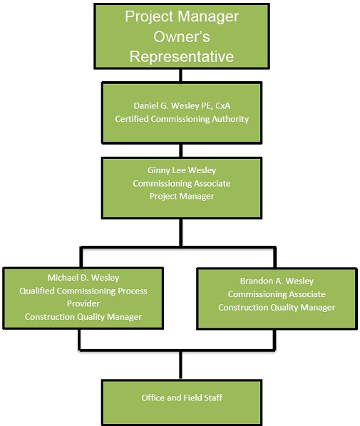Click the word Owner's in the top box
pyautogui.click(x=182, y=36)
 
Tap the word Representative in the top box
pyautogui.click(x=182, y=56)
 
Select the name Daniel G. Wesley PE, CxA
pyautogui.click(x=182, y=105)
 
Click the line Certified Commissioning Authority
pyautogui.click(x=182, y=119)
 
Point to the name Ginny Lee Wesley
pyautogui.click(x=182, y=170)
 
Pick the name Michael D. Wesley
pyautogui.click(x=83, y=278)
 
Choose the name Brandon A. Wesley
pyautogui.click(x=277, y=281)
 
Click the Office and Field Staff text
pyautogui.click(x=182, y=398)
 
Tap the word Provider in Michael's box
pyautogui.click(x=83, y=303)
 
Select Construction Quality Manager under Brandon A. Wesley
pyautogui.click(x=277, y=308)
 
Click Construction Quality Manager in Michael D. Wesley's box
pyautogui.click(x=83, y=317)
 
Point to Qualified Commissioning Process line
pyautogui.click(x=83, y=291)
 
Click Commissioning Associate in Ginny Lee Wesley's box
pyautogui.click(x=182, y=183)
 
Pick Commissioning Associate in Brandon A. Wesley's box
pyautogui.click(x=277, y=294)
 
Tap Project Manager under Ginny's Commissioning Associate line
pyautogui.click(x=182, y=196)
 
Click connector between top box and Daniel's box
pyautogui.click(x=180, y=76)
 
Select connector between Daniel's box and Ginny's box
pyautogui.click(x=181, y=150)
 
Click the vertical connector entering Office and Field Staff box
pyautogui.click(x=180, y=365)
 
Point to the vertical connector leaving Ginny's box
pyautogui.click(x=181, y=232)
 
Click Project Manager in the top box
pyautogui.click(x=182, y=16)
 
